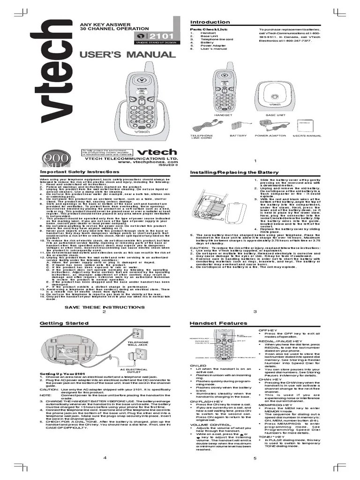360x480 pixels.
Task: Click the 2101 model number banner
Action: coord(155,37)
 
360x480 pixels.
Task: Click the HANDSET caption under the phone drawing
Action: coord(223,115)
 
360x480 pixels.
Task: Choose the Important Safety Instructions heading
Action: coord(73,172)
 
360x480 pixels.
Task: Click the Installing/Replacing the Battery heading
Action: coord(227,172)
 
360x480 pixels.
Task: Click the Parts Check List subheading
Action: coord(205,29)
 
